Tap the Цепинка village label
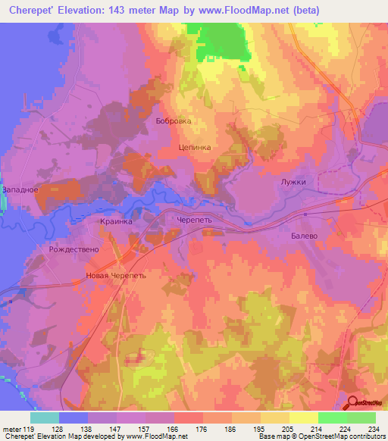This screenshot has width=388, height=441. click(194, 149)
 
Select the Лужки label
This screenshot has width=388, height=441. click(292, 183)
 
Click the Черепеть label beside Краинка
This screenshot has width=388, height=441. click(196, 217)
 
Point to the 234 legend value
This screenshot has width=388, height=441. click(371, 429)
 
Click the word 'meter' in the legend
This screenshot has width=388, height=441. click(11, 429)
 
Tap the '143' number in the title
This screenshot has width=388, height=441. click(114, 11)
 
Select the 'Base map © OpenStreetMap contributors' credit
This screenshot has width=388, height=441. click(320, 436)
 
